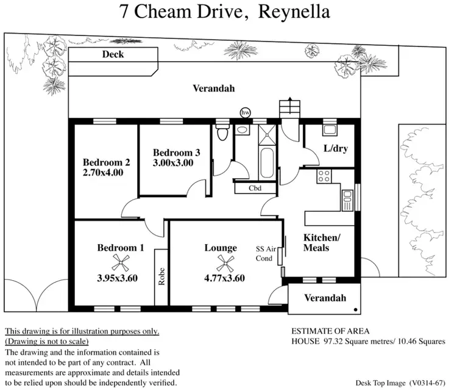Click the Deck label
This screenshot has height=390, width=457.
(113, 54)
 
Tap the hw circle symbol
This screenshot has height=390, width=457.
(246, 113)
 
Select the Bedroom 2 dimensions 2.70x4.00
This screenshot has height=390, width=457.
(103, 173)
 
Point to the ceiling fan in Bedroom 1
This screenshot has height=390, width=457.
(121, 263)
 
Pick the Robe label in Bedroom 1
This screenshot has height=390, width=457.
(161, 277)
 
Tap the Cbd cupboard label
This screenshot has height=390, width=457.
(255, 189)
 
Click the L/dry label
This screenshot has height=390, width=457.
(336, 148)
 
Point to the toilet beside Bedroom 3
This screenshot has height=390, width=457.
(223, 132)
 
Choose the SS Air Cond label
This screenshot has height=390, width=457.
(265, 253)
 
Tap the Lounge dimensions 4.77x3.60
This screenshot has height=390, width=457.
(224, 278)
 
